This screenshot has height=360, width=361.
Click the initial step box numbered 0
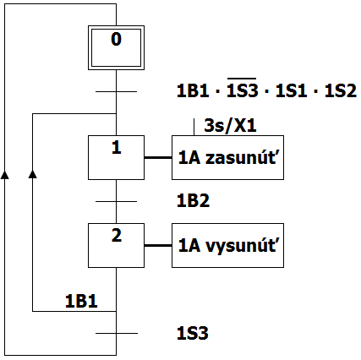(116, 47)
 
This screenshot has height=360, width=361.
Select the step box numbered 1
(116, 157)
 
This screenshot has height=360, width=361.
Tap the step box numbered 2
(116, 245)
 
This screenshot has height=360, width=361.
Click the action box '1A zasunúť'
(227, 157)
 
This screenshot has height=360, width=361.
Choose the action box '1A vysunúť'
(227, 245)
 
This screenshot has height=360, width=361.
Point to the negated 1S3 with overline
(243, 88)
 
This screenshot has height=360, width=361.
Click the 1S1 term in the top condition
(291, 91)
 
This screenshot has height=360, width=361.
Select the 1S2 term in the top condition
(341, 91)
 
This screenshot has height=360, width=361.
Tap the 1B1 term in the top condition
(193, 91)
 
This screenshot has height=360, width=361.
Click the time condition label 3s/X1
(230, 125)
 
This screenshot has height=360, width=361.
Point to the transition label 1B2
(193, 200)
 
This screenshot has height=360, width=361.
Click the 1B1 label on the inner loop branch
(81, 301)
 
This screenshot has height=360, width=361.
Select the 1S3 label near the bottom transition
(193, 333)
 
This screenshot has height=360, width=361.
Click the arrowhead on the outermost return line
(4, 174)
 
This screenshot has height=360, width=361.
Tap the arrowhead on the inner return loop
(33, 174)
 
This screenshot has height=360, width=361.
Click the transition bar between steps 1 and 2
(116, 201)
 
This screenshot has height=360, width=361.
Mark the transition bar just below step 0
(116, 91)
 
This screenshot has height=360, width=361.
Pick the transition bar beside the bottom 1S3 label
(117, 333)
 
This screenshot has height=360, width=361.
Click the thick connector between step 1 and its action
(158, 158)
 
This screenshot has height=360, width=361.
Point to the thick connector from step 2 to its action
(158, 246)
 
